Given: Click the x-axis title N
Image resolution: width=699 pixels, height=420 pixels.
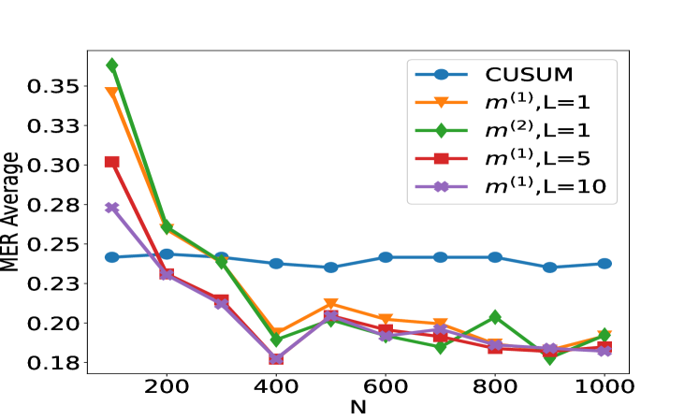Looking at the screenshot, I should tap(358, 408).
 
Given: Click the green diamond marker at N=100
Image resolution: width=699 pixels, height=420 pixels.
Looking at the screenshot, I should tap(112, 65).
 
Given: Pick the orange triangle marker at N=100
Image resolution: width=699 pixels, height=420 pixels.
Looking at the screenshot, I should tap(112, 94).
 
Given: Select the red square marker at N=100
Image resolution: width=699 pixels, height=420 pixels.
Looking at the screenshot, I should tap(112, 162).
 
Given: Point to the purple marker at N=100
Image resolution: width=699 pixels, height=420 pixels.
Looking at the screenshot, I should tap(112, 208).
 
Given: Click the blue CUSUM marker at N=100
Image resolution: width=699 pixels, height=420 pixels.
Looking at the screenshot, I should tap(112, 257).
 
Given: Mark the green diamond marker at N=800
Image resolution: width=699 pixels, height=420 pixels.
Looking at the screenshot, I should tap(495, 318).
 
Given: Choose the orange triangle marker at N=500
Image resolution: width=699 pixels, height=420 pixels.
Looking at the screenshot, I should tap(330, 305).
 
